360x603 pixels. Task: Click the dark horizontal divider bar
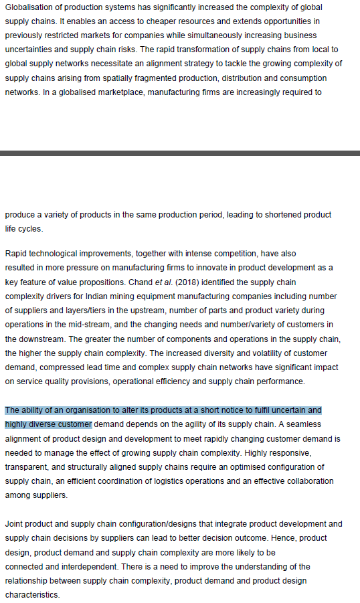(180, 153)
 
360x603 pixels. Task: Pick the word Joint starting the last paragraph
(15, 523)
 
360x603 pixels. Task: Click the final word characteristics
(32, 594)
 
